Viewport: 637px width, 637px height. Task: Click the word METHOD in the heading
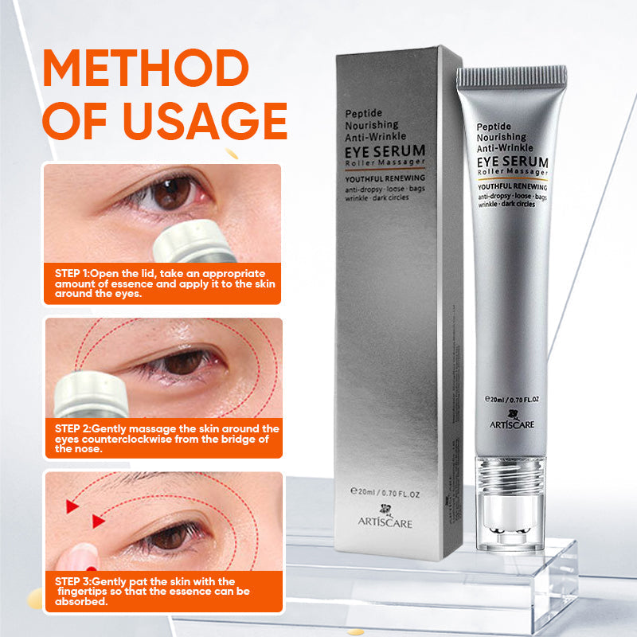[x=145, y=69]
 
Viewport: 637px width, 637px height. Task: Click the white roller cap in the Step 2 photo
[x=92, y=397]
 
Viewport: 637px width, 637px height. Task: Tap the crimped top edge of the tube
[x=511, y=76]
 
